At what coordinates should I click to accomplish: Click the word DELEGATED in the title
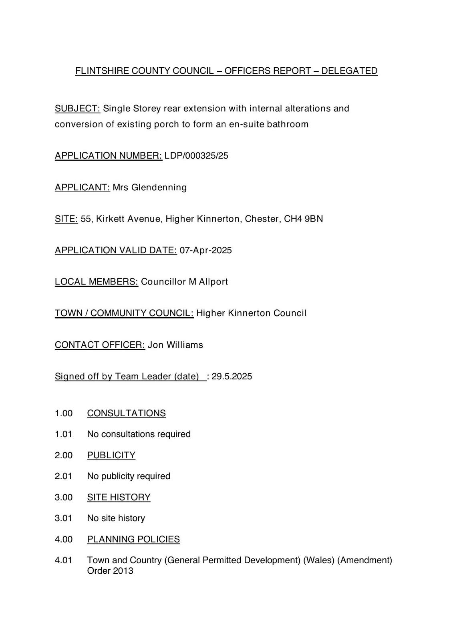349,71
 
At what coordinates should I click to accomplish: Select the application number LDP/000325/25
196,155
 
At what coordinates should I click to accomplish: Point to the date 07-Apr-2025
205,250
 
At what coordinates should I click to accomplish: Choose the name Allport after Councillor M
213,282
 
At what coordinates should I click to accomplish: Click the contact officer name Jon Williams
175,345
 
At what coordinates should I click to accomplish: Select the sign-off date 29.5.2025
232,377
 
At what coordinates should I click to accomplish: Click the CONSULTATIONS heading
126,413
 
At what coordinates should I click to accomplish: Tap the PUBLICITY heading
111,455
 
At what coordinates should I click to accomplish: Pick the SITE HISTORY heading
119,497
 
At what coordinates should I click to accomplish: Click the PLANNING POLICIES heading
133,539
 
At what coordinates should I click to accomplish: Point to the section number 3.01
64,518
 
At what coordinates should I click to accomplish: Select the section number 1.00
64,413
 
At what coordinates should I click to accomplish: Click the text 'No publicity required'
129,476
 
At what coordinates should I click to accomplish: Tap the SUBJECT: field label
77,109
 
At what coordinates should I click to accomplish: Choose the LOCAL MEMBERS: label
96,282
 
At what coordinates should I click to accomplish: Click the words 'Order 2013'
110,570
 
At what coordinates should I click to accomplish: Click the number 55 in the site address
86,219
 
